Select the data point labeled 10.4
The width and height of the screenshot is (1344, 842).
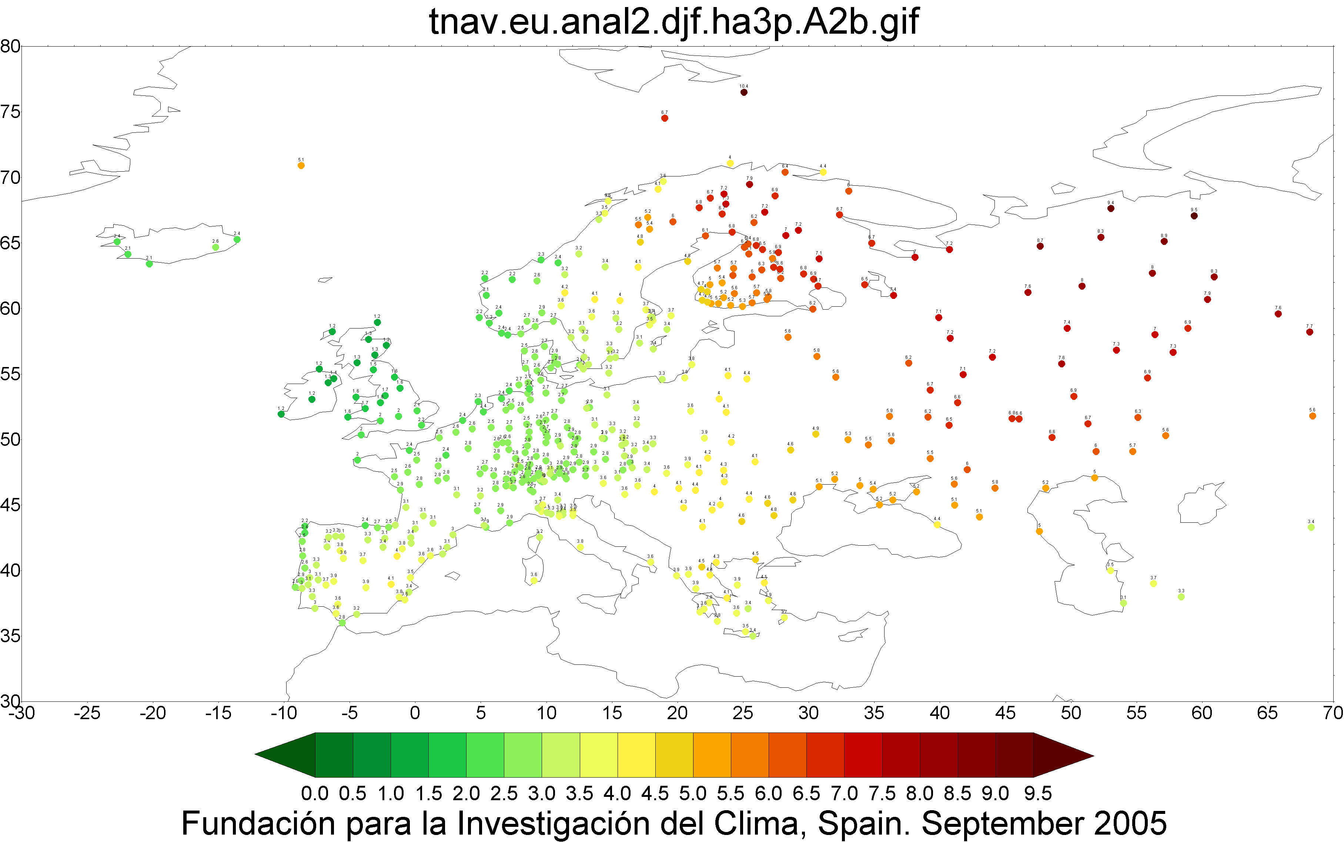[743, 92]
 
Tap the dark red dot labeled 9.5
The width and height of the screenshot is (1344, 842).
[1194, 216]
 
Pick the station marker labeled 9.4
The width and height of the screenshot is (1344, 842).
[1110, 209]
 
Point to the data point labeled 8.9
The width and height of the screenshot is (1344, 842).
[1164, 242]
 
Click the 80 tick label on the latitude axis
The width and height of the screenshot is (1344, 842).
[10, 46]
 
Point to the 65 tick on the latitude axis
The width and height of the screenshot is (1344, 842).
[10, 243]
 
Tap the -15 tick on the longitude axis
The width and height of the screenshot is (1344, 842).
[218, 713]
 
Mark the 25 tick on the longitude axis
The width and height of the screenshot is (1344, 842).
[743, 713]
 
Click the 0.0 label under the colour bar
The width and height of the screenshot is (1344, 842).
[315, 793]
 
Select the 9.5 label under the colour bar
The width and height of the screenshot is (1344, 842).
[1037, 793]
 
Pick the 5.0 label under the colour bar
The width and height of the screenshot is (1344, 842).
[693, 793]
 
